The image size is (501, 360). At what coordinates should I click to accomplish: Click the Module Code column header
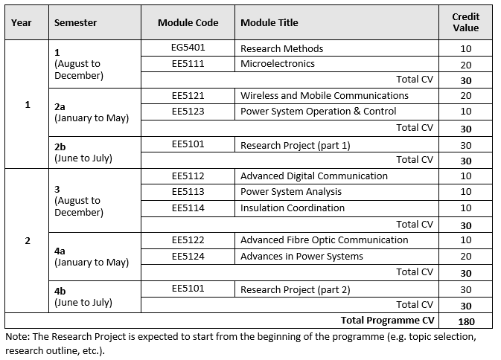[188, 23]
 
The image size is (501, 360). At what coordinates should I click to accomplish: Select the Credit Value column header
[465, 22]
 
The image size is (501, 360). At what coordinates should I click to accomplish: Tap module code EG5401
[188, 48]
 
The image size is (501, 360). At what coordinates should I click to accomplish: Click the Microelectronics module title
[277, 64]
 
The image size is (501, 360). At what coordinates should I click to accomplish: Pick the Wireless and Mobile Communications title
[324, 96]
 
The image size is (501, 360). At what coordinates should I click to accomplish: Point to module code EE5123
[188, 112]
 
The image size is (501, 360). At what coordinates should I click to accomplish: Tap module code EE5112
[188, 176]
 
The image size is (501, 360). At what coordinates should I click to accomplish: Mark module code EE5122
[188, 240]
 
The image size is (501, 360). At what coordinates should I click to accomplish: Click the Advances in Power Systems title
[301, 257]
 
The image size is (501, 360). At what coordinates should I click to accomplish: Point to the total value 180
[465, 321]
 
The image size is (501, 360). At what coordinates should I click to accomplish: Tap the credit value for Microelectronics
[465, 65]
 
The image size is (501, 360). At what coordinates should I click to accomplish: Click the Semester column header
[75, 23]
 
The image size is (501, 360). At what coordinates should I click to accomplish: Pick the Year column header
[22, 23]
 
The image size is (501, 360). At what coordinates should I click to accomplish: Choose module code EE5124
[188, 257]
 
